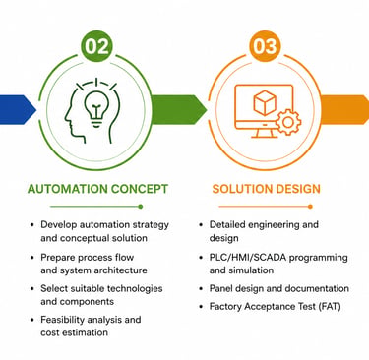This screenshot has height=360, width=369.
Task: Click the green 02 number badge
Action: click(x=96, y=46)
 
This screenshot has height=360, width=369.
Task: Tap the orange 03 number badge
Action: click(x=266, y=46)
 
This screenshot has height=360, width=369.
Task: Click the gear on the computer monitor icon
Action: click(x=288, y=122)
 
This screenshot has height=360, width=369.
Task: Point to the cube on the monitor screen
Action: click(x=265, y=102)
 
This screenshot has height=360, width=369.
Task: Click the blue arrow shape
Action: click(x=18, y=110)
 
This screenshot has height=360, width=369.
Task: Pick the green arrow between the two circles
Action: click(x=179, y=110)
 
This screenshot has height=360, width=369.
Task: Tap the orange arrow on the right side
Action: click(x=345, y=110)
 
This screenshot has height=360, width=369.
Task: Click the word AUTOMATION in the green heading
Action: click(x=67, y=189)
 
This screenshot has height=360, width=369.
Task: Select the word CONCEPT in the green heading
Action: click(x=140, y=189)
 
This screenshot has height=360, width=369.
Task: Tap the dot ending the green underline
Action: click(x=141, y=207)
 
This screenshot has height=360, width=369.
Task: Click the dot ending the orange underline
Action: click(x=310, y=207)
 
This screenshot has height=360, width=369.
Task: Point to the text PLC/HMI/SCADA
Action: click(x=247, y=258)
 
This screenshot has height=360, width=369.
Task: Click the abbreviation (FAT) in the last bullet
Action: click(x=329, y=307)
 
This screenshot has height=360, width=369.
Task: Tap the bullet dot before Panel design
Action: click(x=201, y=289)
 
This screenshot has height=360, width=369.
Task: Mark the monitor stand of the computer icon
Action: click(x=263, y=132)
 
